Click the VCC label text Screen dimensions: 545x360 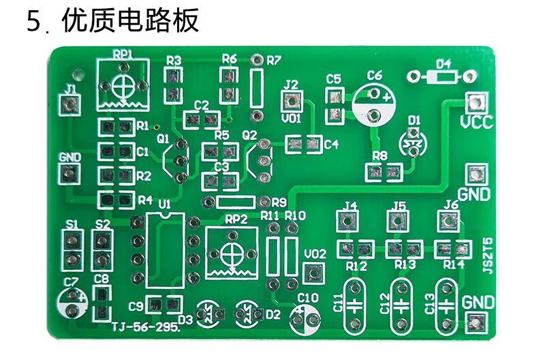click(x=476, y=123)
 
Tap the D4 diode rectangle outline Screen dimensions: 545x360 click(x=445, y=76)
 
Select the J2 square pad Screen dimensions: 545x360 click(x=292, y=102)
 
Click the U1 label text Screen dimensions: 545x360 click(x=163, y=203)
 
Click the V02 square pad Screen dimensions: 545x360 click(x=312, y=273)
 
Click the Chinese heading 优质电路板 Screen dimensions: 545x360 click(x=130, y=21)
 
